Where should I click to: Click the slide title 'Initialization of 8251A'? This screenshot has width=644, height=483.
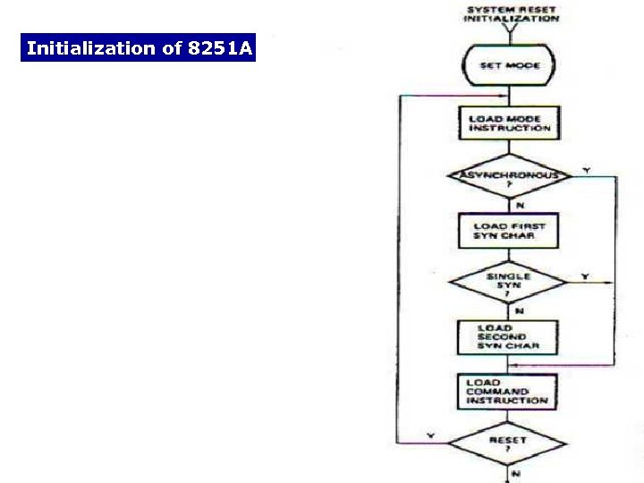(139, 48)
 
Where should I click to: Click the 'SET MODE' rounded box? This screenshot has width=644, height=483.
(509, 65)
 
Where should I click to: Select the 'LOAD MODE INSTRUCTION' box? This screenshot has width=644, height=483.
(511, 123)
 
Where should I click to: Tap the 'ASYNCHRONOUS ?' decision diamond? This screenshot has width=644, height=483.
(509, 176)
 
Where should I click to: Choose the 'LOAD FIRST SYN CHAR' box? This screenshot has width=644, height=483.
(508, 231)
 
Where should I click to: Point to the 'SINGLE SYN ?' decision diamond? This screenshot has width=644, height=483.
(508, 282)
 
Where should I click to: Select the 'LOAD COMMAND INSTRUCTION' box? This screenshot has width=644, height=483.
(506, 392)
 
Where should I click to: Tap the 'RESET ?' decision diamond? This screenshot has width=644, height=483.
(507, 443)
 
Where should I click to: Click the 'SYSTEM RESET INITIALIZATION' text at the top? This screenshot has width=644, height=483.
(511, 13)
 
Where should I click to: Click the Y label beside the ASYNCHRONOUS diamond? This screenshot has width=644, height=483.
(586, 169)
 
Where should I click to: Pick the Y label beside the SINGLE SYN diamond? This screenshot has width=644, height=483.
(585, 276)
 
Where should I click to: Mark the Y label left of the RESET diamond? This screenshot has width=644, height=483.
(430, 436)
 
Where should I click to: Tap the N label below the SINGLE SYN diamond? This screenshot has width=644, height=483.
(519, 310)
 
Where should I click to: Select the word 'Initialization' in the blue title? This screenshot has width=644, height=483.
(91, 48)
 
